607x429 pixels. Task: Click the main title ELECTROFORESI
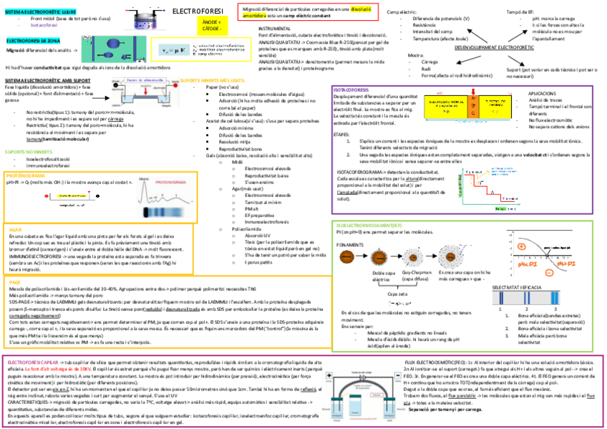198,11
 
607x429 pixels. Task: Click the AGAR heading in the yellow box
15,228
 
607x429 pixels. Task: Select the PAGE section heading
15,282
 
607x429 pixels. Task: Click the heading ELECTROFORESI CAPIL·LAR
34,362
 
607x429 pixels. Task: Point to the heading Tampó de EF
521,12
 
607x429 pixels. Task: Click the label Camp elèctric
402,12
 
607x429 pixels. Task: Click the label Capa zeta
398,294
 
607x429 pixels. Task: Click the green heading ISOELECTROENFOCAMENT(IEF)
364,225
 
